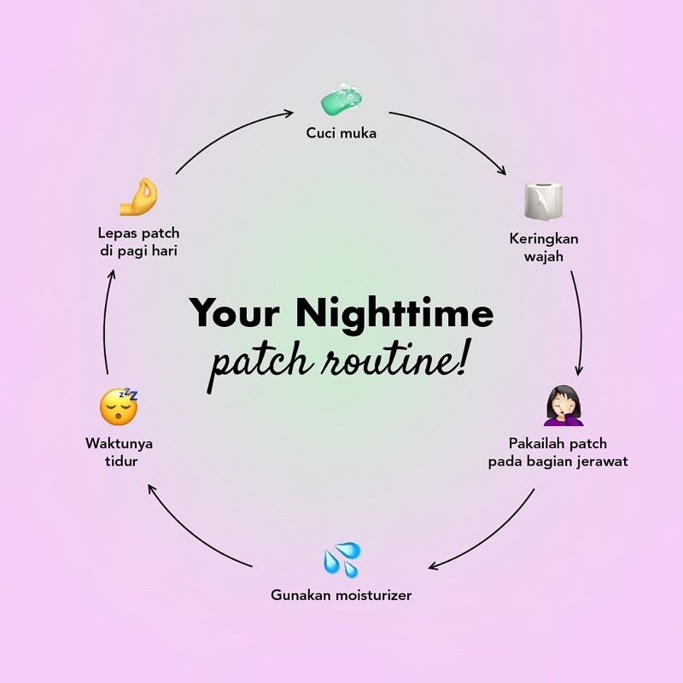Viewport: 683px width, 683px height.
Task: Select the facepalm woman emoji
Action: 563,406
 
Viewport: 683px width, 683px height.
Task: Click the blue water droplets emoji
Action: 341,559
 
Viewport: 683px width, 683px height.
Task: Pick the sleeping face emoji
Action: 119,407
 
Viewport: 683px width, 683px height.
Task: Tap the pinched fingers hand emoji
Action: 139,197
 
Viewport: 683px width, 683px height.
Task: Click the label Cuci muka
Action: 341,133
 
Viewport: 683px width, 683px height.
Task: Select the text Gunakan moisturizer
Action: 341,595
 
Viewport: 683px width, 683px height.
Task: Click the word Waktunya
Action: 120,443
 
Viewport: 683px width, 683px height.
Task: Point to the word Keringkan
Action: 544,239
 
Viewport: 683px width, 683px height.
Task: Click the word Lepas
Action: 116,233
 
